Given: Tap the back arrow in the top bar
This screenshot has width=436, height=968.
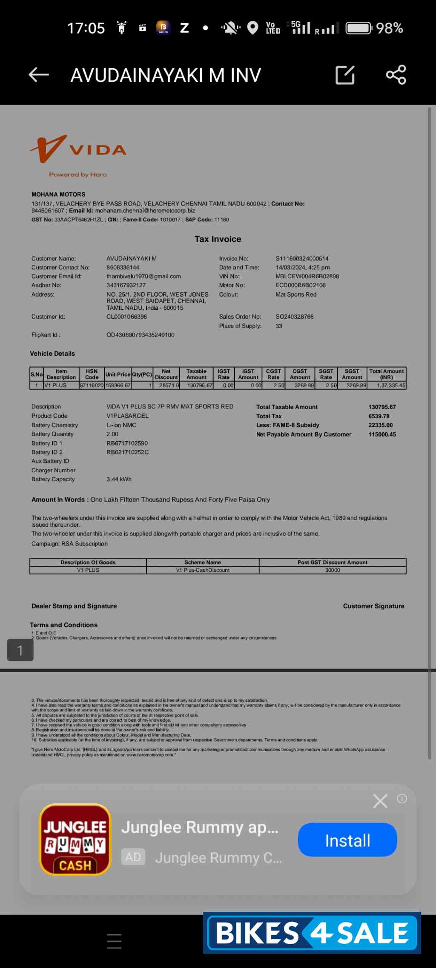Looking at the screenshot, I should [x=39, y=75].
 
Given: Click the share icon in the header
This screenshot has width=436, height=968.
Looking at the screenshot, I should [x=396, y=75].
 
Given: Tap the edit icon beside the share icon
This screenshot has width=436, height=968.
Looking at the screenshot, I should [x=345, y=75].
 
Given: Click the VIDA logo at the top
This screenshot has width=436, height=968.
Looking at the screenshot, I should [x=78, y=150].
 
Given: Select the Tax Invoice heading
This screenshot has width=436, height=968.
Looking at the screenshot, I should [x=218, y=239].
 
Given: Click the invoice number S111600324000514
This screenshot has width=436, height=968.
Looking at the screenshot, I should [x=302, y=259].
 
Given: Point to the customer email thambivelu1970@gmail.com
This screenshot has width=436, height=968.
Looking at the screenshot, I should [x=143, y=277].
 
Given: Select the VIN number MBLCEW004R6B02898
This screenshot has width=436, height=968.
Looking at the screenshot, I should [x=307, y=277].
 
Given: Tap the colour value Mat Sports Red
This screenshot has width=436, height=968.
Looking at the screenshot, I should [x=296, y=294].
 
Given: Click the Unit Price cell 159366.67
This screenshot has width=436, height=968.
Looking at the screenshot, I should [x=118, y=385].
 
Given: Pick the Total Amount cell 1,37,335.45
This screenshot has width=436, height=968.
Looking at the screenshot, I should [x=390, y=385].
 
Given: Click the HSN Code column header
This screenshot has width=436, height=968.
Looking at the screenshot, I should [x=92, y=374].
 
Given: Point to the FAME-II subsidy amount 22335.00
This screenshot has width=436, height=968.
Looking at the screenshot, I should [x=380, y=425].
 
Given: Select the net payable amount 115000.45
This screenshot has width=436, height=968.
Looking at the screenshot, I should [x=382, y=434].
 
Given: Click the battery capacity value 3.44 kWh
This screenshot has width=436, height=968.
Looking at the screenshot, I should [x=119, y=479].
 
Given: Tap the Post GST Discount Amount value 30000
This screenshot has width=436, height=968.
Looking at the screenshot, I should [x=332, y=570].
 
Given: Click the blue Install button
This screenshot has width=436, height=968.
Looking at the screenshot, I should [x=347, y=841].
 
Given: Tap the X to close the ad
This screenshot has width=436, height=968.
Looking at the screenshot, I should [x=380, y=801].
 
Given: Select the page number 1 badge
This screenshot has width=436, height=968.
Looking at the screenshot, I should [x=20, y=650].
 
